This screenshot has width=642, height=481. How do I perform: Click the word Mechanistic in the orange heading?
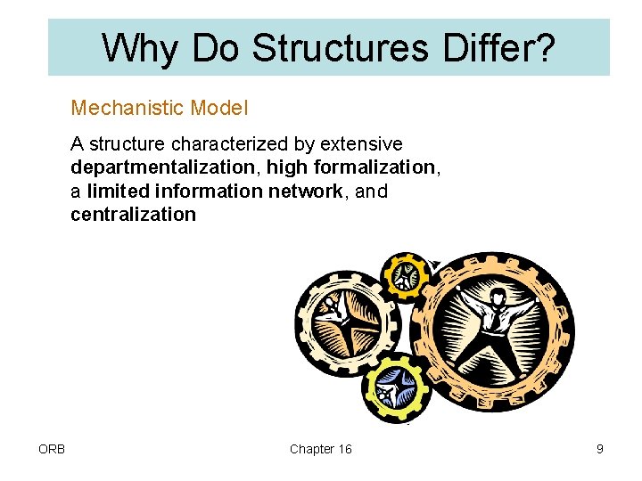coord(128,109)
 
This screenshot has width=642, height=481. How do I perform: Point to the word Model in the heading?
coord(219,109)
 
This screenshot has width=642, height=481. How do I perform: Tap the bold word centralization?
coord(133,214)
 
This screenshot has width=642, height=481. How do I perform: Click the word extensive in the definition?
coord(361,144)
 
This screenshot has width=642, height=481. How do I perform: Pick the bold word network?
coord(310,191)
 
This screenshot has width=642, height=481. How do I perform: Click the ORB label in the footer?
coord(51,449)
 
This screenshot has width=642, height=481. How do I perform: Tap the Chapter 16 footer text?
coord(320,449)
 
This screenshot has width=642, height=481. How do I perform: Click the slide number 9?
coord(600,449)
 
